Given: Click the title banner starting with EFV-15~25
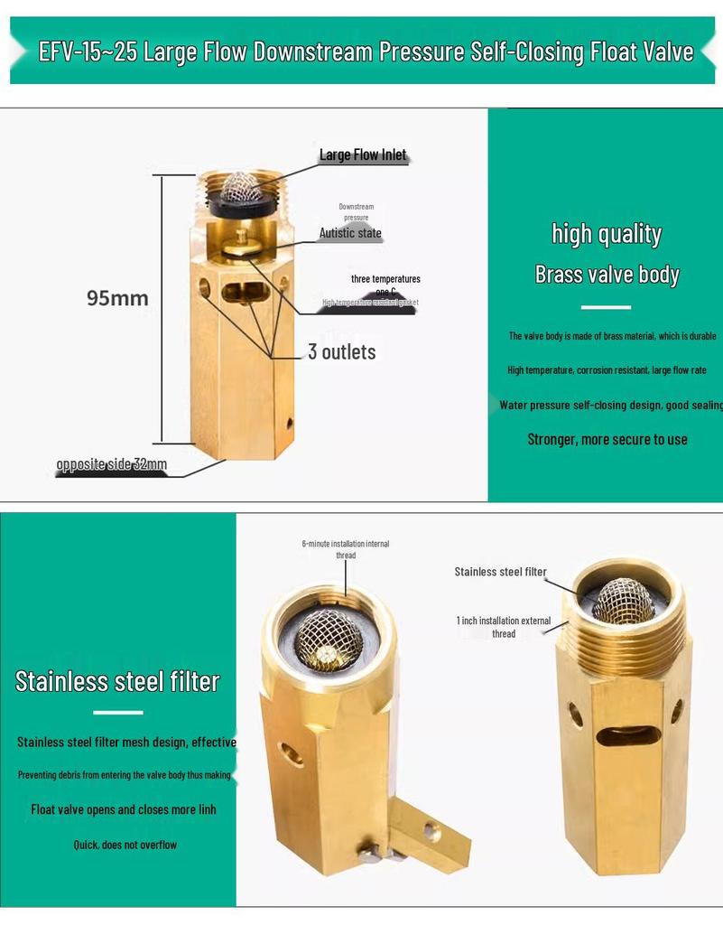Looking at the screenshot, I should (366, 51).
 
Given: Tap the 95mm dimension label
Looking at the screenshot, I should (117, 297).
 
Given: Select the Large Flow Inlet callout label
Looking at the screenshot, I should (363, 155).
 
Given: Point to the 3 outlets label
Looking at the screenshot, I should (341, 351).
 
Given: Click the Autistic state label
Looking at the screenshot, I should (350, 233).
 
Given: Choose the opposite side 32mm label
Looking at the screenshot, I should (111, 465).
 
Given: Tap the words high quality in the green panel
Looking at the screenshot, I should (607, 234).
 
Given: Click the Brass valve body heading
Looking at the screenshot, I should (607, 275).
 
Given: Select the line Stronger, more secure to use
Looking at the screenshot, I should (607, 440).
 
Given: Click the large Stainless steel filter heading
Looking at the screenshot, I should (117, 681).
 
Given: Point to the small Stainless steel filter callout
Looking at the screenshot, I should (500, 572).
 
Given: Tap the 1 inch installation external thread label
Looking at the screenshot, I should (504, 627).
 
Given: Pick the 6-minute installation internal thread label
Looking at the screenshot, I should (346, 549).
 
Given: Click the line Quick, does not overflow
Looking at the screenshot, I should (125, 845).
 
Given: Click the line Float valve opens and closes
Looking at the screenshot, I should (124, 809).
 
